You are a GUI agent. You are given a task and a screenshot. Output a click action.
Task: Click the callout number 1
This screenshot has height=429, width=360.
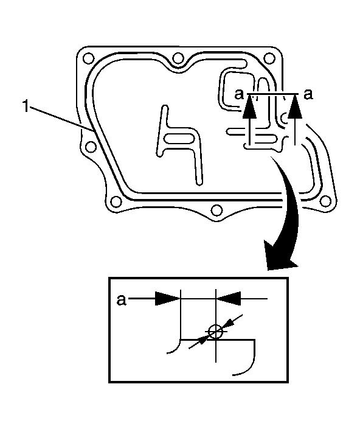pos(26,106)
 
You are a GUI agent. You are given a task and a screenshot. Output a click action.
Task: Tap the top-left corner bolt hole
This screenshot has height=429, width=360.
pos(88,58)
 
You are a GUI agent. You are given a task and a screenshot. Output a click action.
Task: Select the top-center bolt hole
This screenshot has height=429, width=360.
pos(178,58)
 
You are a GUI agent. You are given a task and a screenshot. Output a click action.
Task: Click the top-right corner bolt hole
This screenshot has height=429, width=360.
pos(269,58)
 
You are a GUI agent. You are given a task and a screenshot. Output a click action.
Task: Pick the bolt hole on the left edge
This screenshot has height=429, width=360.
pos(91,147)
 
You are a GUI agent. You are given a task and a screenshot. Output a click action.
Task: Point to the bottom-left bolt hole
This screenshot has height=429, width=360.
pos(116,202)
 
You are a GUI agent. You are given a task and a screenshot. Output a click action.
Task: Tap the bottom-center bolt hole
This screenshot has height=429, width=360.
pos(216,211)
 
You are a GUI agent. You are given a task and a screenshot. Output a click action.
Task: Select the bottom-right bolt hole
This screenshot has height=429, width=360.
pos(325,201)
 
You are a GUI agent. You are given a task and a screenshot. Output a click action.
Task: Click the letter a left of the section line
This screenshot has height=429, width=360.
pos(239,94)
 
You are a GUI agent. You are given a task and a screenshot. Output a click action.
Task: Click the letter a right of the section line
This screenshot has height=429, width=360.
pos(308,94)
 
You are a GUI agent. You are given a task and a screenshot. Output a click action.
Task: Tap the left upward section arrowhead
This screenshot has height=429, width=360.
pos(249,106)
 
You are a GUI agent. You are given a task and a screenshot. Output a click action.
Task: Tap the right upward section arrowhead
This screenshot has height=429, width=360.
pos(295,106)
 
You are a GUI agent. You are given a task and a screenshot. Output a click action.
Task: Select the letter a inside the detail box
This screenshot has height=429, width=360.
pos(122,300)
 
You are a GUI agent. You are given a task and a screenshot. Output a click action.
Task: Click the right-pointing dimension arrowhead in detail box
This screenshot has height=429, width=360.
pos(168,298)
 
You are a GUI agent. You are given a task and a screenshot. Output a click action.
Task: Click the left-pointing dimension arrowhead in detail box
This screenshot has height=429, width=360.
pos(229,298)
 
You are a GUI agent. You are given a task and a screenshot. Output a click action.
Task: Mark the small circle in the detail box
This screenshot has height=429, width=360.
pos(215,332)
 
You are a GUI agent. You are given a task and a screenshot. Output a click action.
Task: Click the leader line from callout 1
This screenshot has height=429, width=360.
pos(61,119)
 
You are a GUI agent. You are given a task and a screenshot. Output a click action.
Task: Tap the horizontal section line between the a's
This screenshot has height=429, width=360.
pos(272,94)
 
